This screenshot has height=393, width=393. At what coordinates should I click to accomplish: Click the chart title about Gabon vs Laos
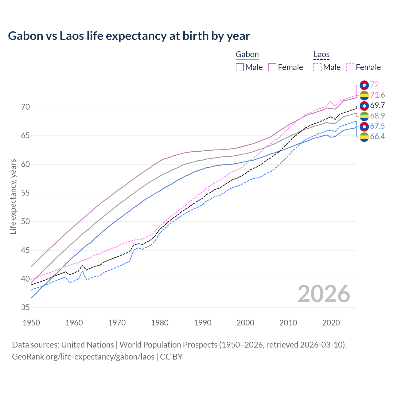pyautogui.click(x=129, y=36)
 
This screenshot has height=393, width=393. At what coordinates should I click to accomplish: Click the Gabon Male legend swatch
pyautogui.click(x=240, y=67)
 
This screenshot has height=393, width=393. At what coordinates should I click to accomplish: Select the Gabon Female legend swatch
pyautogui.click(x=272, y=67)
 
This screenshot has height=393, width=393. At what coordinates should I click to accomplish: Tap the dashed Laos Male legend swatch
pyautogui.click(x=317, y=67)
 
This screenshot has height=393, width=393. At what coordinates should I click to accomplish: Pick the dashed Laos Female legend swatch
pyautogui.click(x=350, y=67)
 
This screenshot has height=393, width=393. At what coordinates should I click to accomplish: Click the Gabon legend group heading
pyautogui.click(x=247, y=55)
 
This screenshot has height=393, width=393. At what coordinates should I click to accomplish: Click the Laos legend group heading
pyautogui.click(x=321, y=55)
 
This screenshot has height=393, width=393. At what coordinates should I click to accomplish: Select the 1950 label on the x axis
pyautogui.click(x=31, y=323)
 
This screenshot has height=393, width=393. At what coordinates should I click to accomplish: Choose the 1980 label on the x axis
pyautogui.click(x=160, y=323)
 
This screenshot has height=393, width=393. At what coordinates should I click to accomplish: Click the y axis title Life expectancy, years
pyautogui.click(x=13, y=196)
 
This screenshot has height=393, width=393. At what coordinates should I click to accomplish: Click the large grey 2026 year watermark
pyautogui.click(x=324, y=294)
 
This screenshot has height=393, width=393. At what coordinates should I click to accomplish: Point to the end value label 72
pyautogui.click(x=374, y=84)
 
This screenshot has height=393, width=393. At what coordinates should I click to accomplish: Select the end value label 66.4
pyautogui.click(x=377, y=137)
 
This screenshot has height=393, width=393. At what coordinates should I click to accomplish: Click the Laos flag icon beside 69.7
pyautogui.click(x=364, y=106)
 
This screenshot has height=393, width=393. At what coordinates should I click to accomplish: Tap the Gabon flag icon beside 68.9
pyautogui.click(x=364, y=116)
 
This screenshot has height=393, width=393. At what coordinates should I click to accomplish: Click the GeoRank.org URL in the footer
pyautogui.click(x=83, y=357)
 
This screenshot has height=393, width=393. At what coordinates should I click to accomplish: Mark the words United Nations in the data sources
pyautogui.click(x=88, y=345)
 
